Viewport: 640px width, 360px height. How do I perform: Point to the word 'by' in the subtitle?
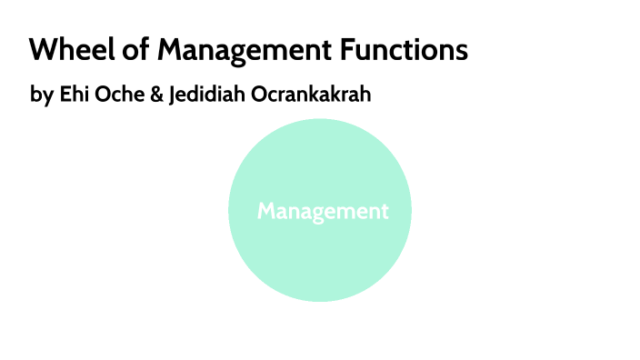(41, 95)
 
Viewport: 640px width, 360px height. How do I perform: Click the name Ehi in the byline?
(73, 94)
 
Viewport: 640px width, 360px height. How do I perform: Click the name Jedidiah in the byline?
(206, 94)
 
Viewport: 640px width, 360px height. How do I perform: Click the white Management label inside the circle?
(323, 211)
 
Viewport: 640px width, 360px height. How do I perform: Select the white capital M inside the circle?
(266, 211)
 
